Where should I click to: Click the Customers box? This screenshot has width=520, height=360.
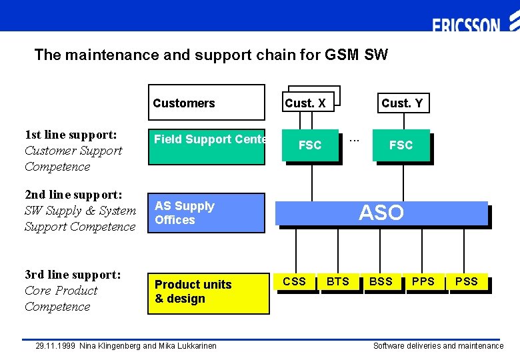206,103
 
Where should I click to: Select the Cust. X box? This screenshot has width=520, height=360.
305,103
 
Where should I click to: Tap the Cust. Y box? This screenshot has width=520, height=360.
401,103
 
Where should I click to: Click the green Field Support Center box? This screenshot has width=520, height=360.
206,147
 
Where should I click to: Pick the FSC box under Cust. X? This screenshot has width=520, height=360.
309,145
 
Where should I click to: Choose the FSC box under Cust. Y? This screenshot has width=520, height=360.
401,145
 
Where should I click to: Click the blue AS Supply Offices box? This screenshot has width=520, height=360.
206,213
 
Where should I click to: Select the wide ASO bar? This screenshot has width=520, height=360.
381,213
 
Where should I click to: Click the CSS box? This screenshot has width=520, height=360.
294,281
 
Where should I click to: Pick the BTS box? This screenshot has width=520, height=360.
337,281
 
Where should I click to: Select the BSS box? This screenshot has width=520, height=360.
381,281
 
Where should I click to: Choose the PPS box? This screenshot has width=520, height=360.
423,281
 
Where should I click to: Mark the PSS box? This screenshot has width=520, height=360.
466,281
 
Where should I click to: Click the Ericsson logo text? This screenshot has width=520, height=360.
466,26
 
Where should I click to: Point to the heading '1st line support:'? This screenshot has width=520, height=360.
71,135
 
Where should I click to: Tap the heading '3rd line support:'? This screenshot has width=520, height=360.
73,275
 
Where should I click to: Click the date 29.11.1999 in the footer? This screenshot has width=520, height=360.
56,346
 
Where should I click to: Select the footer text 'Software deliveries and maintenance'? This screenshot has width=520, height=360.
438,346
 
